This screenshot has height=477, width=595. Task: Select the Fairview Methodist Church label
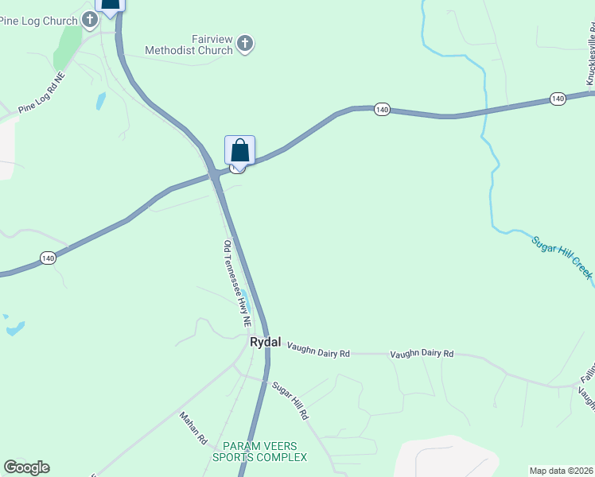pyautogui.click(x=189, y=45)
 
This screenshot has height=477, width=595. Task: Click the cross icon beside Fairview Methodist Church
pyautogui.click(x=246, y=43)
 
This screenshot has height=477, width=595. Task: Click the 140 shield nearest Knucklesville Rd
pyautogui.click(x=557, y=99)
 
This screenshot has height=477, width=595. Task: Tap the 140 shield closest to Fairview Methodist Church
pyautogui.click(x=382, y=109)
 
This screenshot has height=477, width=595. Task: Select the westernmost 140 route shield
pyautogui.click(x=48, y=258)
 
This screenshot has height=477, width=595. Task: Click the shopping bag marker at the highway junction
pyautogui.click(x=239, y=150)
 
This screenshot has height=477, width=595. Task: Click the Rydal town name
pyautogui.click(x=266, y=342)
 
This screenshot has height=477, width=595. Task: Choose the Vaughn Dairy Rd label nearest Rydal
pyautogui.click(x=318, y=349)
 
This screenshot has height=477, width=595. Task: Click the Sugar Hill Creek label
pyautogui.click(x=561, y=256)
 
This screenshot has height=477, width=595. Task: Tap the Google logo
pyautogui.click(x=26, y=467)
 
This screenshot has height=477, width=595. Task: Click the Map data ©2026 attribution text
pyautogui.click(x=561, y=471)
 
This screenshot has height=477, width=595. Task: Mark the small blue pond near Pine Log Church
pyautogui.click(x=100, y=101)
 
